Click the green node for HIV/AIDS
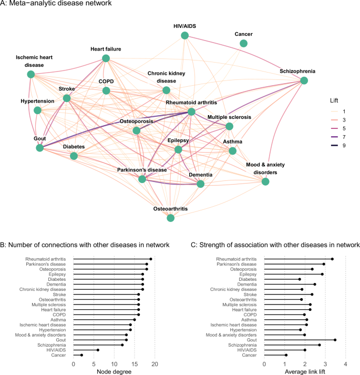(x=184, y=35)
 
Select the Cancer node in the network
(x=244, y=43)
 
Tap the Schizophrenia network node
(x=304, y=80)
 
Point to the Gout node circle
(x=40, y=148)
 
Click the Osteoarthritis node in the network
(x=170, y=217)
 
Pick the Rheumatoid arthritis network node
(x=191, y=112)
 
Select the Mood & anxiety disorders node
(x=265, y=181)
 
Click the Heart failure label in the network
(x=106, y=49)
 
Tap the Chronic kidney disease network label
(x=166, y=77)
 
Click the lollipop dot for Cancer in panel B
(x=81, y=355)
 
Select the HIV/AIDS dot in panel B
(x=98, y=350)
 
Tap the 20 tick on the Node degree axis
(x=155, y=363)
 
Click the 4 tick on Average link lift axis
(x=345, y=363)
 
